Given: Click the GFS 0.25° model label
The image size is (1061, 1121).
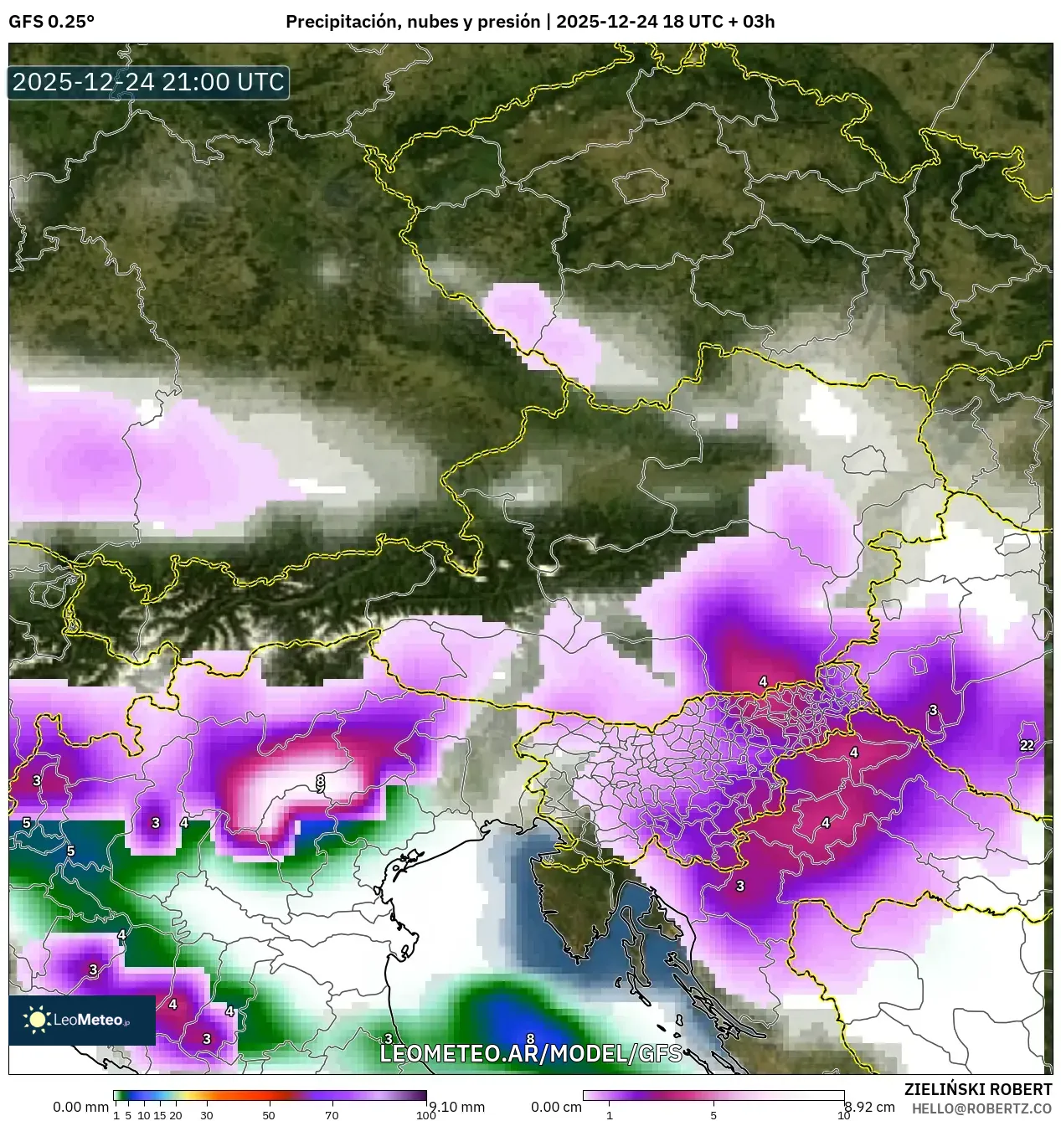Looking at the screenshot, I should pos(51,22).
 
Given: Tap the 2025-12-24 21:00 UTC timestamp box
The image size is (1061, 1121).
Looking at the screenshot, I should pos(148,82).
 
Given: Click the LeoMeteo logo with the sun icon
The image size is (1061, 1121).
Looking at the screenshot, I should pos(81,1020).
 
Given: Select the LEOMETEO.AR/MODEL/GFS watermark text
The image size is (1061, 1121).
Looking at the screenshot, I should pos(530,1053).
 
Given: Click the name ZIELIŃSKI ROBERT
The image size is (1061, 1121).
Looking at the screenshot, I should pos(977,1089).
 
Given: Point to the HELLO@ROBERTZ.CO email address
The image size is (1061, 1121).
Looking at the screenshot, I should pos(981,1108).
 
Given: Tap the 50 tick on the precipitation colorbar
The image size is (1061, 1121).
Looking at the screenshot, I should pos(269,1114).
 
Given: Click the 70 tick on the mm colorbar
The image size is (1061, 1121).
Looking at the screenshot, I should pos(332,1114).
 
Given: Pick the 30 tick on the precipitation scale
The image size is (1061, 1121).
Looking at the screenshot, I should pos(207,1114).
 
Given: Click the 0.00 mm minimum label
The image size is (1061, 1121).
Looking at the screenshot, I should pos(80,1107).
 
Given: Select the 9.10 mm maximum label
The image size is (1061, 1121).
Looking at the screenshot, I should pos(457,1107).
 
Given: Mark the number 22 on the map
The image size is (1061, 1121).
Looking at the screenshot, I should pos(1027,745).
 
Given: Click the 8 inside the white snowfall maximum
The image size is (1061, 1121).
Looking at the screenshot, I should pos(320,781).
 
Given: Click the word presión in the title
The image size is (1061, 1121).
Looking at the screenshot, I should pos(508,22).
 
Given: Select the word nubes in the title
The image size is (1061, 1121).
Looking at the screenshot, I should pos(431,22).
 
